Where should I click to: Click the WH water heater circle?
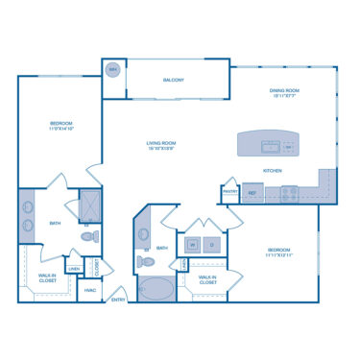[113, 70]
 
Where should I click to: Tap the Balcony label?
[173, 80]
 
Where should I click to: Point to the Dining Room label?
[284, 91]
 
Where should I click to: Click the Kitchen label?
[273, 170]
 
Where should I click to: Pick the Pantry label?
[230, 191]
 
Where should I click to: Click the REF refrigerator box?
[252, 193]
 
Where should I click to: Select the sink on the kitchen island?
[272, 147]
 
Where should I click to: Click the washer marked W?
[193, 246]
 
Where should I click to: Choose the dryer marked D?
[214, 246]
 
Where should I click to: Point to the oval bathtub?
[157, 288]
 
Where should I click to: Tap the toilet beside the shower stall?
[88, 234]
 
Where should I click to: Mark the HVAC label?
[90, 289]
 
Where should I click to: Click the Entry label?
[118, 300]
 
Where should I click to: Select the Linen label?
[74, 269]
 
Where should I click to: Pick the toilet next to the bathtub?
[145, 261]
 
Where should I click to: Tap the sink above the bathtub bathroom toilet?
[144, 234]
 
